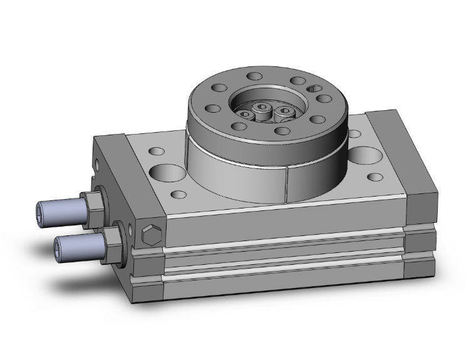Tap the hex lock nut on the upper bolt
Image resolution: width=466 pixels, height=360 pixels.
tap(92, 203)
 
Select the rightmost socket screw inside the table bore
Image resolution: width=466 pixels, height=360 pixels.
tap(285, 111)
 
